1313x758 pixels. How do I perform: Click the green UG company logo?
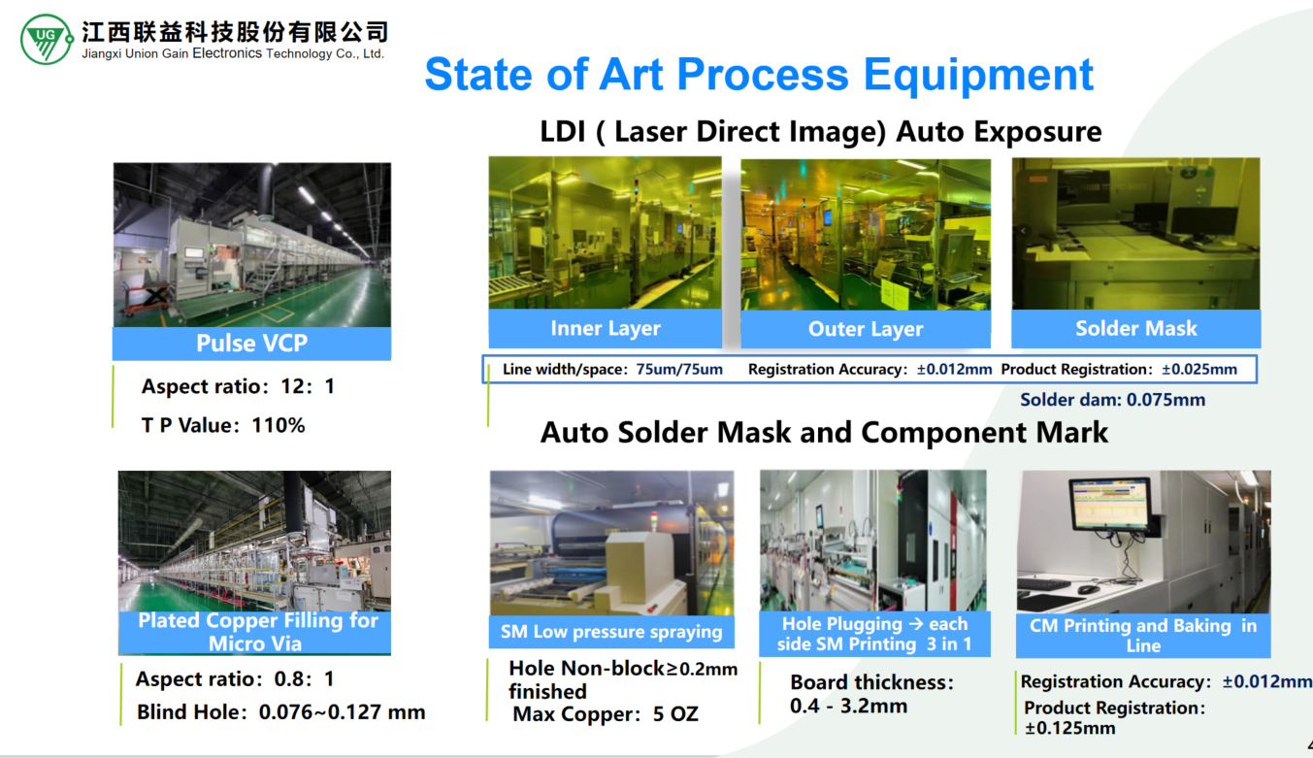(47, 39)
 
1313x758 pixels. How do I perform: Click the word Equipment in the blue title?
(978, 75)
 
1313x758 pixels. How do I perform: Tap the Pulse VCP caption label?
(252, 343)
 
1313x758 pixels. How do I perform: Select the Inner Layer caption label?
(606, 328)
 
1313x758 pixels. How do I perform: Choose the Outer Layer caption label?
(866, 329)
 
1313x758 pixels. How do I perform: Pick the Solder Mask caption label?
(1136, 328)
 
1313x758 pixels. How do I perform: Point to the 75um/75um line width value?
(679, 370)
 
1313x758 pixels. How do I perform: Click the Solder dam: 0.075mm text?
(1112, 400)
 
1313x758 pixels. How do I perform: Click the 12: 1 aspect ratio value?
(308, 386)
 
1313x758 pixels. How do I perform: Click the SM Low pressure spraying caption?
(611, 632)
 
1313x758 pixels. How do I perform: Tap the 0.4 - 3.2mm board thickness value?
(848, 706)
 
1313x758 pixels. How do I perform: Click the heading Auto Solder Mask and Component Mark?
(824, 433)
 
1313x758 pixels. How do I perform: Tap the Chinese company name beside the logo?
(235, 32)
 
